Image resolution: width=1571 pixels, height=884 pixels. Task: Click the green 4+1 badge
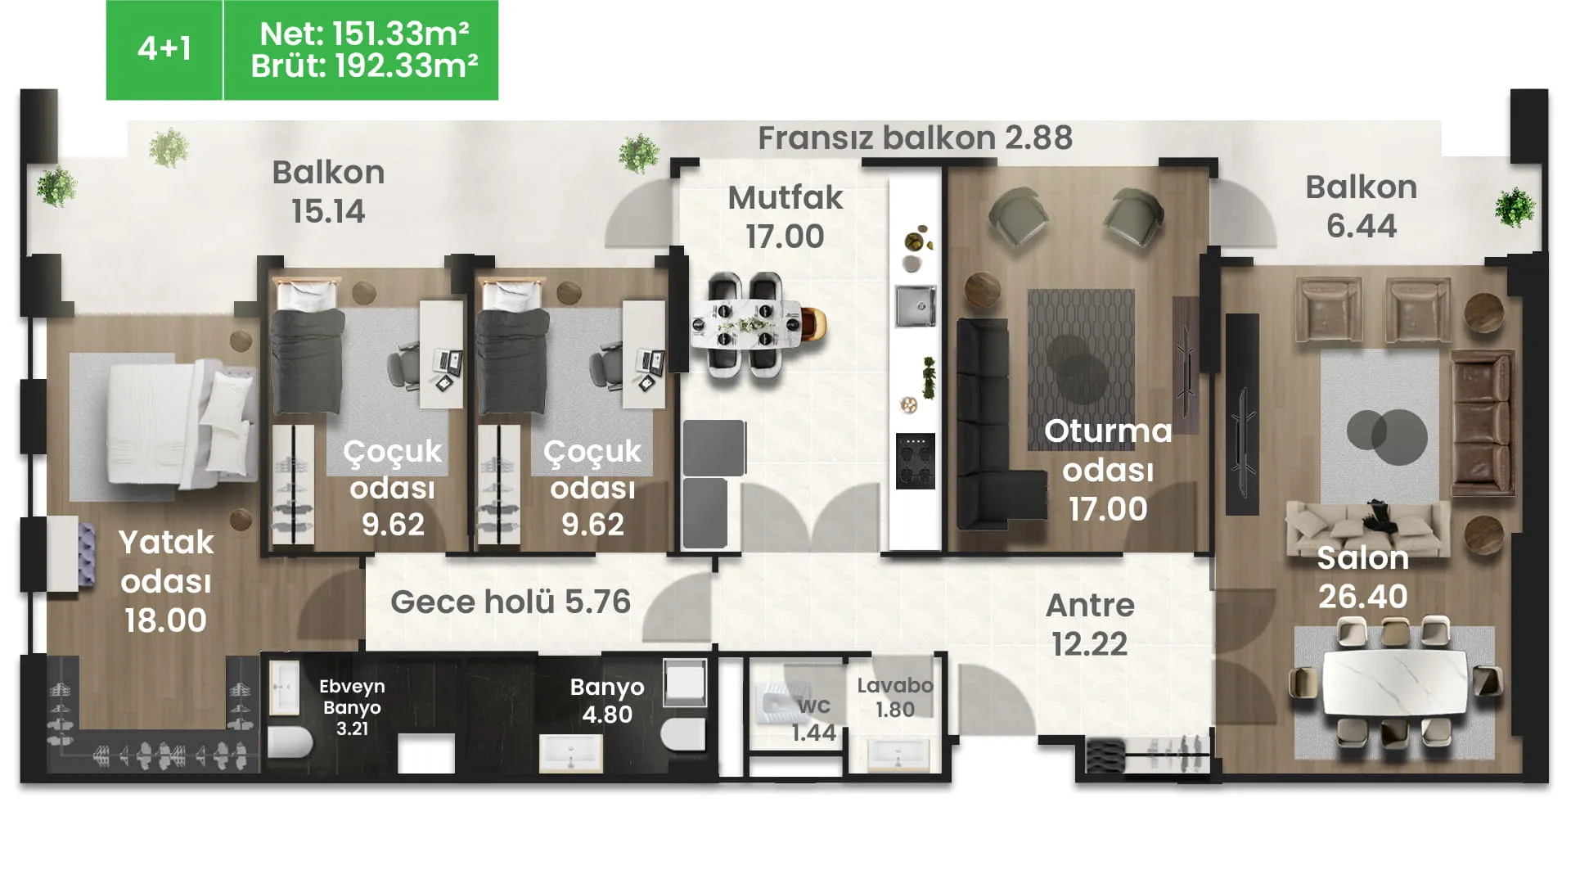[164, 50]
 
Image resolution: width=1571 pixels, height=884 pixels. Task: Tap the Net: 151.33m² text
[364, 34]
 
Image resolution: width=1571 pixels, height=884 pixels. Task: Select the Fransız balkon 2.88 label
[915, 138]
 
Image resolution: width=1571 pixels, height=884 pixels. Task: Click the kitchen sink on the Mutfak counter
[916, 305]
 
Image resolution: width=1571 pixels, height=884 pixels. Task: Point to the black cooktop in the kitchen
[916, 461]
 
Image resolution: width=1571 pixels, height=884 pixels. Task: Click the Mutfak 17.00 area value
[785, 237]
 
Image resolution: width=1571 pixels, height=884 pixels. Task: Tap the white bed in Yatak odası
[180, 426]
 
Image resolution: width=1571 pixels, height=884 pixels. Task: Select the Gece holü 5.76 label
[511, 602]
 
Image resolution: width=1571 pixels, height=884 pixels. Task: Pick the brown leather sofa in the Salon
[1482, 422]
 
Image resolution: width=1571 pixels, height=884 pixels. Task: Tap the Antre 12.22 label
[1090, 625]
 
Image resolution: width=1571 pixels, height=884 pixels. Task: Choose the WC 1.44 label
[814, 719]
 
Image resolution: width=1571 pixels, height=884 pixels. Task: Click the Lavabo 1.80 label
[895, 697]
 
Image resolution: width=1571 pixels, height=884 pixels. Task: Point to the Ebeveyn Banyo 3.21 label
[352, 707]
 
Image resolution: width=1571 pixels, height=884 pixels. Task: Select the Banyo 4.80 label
[607, 701]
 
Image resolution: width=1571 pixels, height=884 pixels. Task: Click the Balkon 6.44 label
[1361, 206]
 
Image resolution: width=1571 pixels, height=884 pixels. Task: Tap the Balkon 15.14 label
[328, 192]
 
